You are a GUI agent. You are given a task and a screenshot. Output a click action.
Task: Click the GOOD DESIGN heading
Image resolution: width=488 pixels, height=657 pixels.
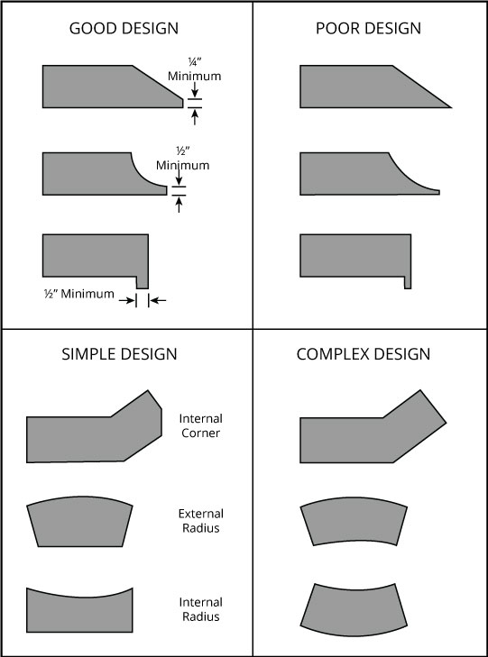click(x=124, y=29)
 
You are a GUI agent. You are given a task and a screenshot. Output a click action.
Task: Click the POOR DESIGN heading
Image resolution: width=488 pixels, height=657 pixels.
click(x=368, y=29)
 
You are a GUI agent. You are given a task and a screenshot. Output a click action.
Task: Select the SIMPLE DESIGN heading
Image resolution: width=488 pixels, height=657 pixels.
click(x=119, y=354)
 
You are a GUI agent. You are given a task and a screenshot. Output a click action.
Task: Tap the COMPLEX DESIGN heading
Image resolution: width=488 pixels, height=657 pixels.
click(x=363, y=354)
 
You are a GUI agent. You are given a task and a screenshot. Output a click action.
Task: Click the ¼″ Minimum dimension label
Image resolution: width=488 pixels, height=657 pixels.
click(x=195, y=70)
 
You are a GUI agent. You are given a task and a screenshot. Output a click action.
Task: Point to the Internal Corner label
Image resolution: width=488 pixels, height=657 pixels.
click(x=201, y=425)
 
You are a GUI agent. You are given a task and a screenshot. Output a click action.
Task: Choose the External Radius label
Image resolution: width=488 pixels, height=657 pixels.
click(x=201, y=521)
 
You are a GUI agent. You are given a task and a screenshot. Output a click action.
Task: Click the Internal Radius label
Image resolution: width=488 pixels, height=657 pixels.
click(x=201, y=609)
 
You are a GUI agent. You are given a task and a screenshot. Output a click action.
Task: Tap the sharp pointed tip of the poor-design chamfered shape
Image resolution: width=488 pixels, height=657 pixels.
click(x=451, y=107)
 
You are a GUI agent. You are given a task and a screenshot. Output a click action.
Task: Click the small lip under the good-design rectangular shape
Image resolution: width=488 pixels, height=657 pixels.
click(x=143, y=283)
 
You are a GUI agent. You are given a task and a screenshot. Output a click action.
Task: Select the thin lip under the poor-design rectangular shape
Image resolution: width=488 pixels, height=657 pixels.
click(x=408, y=283)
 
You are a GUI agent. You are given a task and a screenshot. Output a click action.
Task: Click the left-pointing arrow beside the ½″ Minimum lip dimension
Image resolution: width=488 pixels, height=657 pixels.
click(x=158, y=300)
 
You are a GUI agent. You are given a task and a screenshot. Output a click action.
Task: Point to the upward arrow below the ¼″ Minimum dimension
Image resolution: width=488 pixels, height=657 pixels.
click(x=195, y=117)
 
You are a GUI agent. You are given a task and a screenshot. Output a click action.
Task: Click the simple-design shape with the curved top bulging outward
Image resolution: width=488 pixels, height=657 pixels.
click(x=79, y=522)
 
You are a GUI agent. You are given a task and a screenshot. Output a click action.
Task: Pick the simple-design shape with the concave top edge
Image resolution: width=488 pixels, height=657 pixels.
click(x=79, y=613)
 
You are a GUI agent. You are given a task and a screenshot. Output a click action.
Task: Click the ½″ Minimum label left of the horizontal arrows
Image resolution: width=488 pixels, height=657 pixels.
click(x=79, y=294)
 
